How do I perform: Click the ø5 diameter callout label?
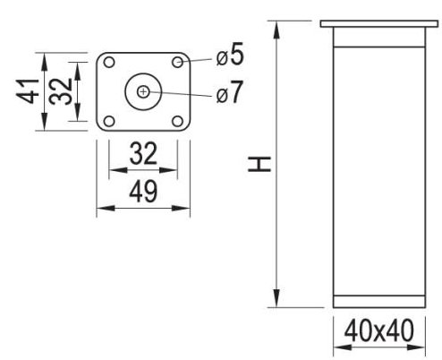[x=230, y=55]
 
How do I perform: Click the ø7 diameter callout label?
[x=229, y=92]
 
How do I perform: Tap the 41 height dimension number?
[x=28, y=91]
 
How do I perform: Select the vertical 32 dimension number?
[x=61, y=91]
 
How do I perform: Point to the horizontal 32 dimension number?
[x=143, y=154]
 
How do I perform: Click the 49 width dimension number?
[x=143, y=191]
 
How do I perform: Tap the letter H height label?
[x=259, y=164]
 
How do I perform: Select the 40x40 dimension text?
[x=378, y=330]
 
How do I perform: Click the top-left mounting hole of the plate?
[x=109, y=63]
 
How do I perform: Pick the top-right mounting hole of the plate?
[x=178, y=62]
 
